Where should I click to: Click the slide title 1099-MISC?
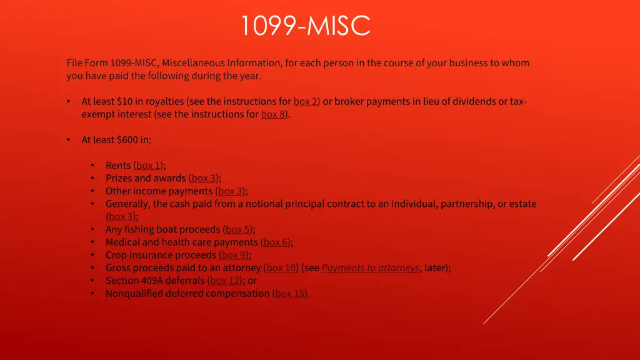pos(306,26)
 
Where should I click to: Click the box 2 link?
pos(306,101)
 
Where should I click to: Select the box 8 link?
pos(274,114)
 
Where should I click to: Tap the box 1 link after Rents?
pos(149,166)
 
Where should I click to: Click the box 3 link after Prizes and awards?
pos(204,178)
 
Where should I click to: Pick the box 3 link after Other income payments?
pos(231,191)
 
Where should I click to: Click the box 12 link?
pos(226,281)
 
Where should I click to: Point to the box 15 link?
pos(291,293)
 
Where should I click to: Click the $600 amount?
pos(127,140)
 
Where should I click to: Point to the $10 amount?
pos(124,101)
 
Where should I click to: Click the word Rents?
pos(118,166)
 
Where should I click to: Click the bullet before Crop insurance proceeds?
pos(92,255)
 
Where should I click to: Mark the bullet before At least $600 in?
pos(68,140)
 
